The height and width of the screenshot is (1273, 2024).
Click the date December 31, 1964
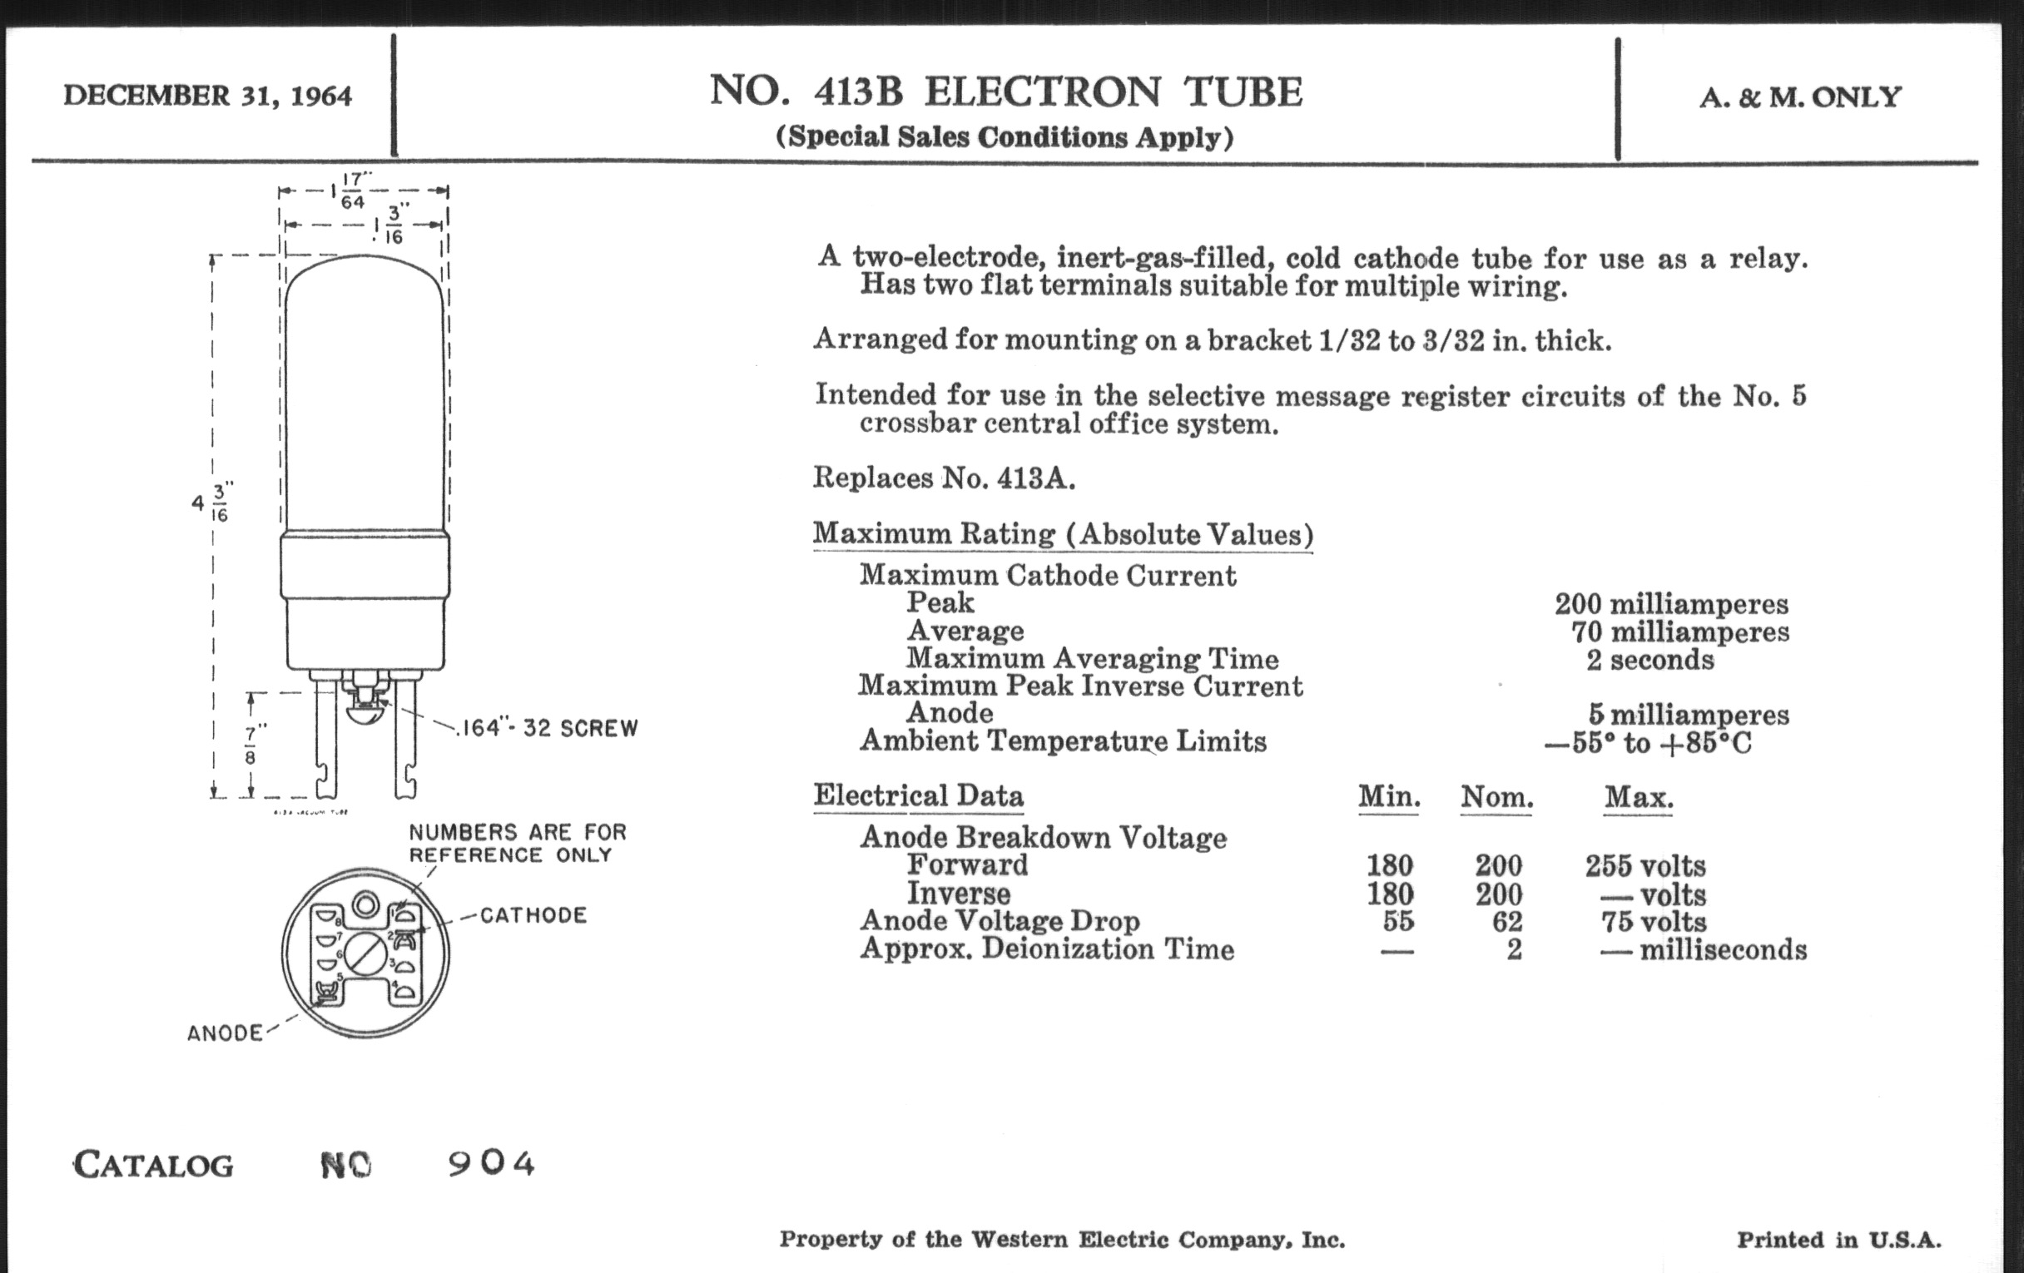(x=207, y=96)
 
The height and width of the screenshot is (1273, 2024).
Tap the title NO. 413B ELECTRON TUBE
(x=1006, y=92)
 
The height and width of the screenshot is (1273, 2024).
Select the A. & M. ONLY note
(x=1800, y=97)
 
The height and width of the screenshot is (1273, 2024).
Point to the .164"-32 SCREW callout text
(x=547, y=728)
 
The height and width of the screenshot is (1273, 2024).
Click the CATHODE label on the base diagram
(x=533, y=915)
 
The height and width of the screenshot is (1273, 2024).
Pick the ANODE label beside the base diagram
(x=226, y=1033)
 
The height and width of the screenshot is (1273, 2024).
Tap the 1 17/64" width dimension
(x=353, y=191)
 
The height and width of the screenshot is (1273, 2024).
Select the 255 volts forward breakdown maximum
(x=1646, y=865)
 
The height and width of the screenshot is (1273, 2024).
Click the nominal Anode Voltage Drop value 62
(x=1507, y=922)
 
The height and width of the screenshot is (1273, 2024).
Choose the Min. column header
(x=1388, y=796)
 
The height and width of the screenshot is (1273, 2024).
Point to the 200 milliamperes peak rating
(x=1671, y=603)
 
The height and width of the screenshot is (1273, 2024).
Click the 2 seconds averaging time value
(x=1650, y=660)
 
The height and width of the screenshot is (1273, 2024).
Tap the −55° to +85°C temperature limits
(x=1648, y=744)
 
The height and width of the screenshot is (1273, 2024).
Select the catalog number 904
(x=492, y=1164)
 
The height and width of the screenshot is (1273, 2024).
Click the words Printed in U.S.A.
(x=1839, y=1240)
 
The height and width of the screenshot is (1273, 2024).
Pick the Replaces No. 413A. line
(x=944, y=478)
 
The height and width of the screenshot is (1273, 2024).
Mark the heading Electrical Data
(x=919, y=795)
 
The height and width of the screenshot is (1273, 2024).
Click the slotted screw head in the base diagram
(x=365, y=954)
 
